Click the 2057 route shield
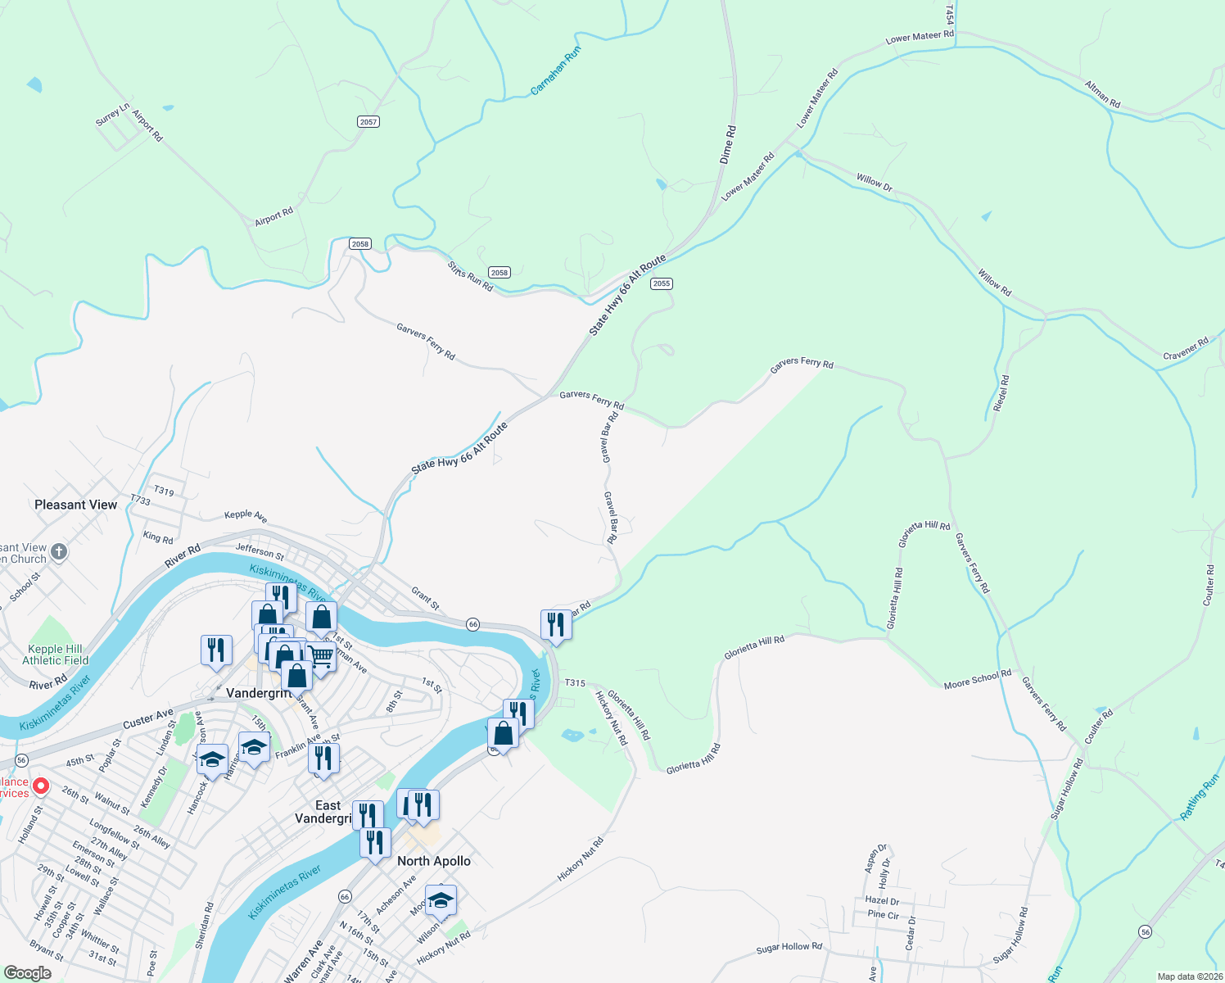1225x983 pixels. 368,122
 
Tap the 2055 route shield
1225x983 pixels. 662,283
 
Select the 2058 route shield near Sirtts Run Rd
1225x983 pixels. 499,273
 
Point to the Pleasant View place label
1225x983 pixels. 76,505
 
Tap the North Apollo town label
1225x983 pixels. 434,861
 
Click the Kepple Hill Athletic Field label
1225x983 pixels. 56,655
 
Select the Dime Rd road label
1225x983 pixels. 728,144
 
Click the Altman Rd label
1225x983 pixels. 1102,94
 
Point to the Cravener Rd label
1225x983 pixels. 1186,349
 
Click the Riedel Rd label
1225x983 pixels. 1001,393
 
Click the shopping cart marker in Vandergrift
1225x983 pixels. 321,656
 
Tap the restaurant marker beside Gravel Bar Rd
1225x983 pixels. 556,625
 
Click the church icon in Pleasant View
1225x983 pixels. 59,551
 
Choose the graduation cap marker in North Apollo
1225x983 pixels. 441,900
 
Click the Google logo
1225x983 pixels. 28,973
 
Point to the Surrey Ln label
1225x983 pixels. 112,115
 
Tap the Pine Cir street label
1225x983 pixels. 883,915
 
